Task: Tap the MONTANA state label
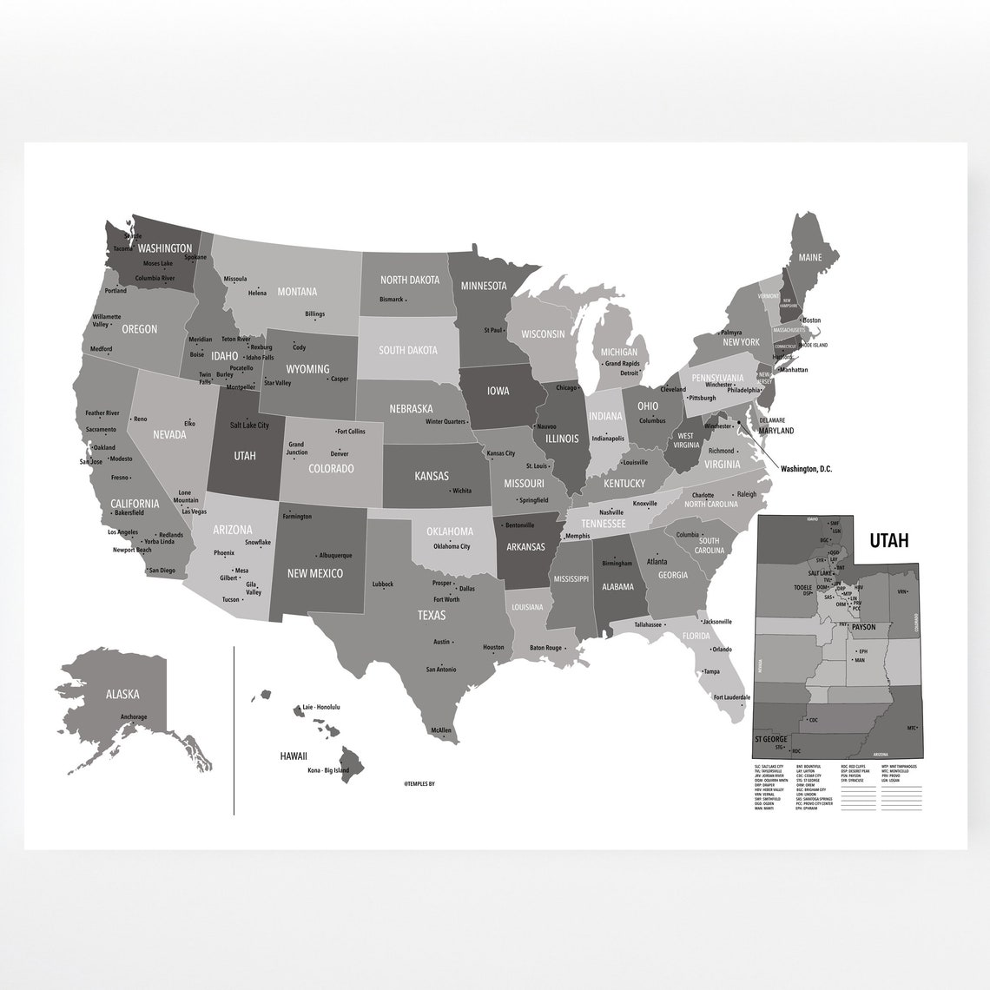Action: pyautogui.click(x=297, y=292)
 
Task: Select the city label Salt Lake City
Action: pyautogui.click(x=249, y=426)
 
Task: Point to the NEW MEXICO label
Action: pyautogui.click(x=314, y=573)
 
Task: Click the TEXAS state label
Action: pyautogui.click(x=431, y=615)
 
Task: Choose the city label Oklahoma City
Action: pyautogui.click(x=452, y=546)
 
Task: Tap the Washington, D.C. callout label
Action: pyautogui.click(x=806, y=469)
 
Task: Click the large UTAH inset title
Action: pyautogui.click(x=888, y=541)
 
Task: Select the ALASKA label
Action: pyautogui.click(x=122, y=694)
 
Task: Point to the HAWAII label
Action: pyautogui.click(x=294, y=756)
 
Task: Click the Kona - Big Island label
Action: pyautogui.click(x=328, y=771)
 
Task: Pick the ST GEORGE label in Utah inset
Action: pyautogui.click(x=770, y=739)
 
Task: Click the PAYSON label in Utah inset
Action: pyautogui.click(x=863, y=626)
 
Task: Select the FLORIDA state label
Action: pyautogui.click(x=696, y=636)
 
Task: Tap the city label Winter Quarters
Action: pyautogui.click(x=446, y=422)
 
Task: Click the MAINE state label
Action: pyautogui.click(x=809, y=258)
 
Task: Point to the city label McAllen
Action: pyautogui.click(x=441, y=730)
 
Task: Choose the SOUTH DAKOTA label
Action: pyautogui.click(x=407, y=351)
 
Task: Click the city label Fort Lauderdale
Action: pyautogui.click(x=732, y=697)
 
